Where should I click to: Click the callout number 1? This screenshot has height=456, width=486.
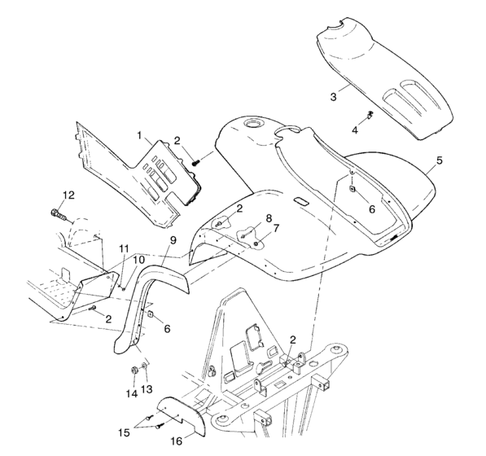(x=139, y=135)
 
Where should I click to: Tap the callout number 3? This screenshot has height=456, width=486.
(x=333, y=97)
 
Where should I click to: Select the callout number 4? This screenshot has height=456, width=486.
(x=355, y=130)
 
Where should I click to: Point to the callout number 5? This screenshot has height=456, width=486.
(x=440, y=160)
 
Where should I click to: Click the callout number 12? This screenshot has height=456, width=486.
(x=69, y=195)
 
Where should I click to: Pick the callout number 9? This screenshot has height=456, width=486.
(x=173, y=240)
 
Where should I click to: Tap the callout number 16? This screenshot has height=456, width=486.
(x=177, y=441)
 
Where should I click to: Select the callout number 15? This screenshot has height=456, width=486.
(x=124, y=432)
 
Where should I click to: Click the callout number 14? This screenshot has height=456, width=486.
(x=132, y=393)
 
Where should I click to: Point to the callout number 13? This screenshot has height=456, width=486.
(x=147, y=389)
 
